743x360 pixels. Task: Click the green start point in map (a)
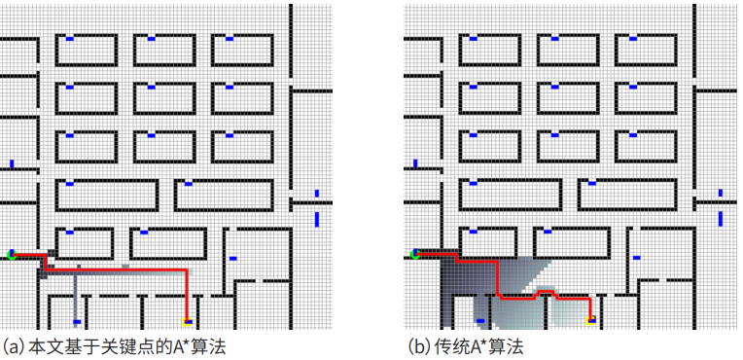pos(12,254)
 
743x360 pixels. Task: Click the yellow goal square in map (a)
pos(188,319)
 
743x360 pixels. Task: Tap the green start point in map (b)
pos(415,254)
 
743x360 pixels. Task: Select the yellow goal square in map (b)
pos(591,318)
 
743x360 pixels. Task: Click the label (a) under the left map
pos(15,346)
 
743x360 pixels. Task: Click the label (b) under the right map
pos(418,346)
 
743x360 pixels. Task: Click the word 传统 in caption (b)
pos(448,346)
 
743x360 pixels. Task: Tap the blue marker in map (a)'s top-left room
pos(70,38)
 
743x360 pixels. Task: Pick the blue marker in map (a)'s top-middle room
pos(151,38)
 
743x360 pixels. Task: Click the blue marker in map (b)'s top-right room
pos(633,38)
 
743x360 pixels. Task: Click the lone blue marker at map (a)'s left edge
pos(12,163)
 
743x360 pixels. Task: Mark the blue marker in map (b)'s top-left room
pos(474,38)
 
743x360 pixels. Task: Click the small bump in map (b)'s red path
pos(546,290)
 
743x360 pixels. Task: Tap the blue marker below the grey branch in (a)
pos(77,321)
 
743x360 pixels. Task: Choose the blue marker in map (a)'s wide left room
pos(69,183)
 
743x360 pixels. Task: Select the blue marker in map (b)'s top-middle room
pos(554,38)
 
